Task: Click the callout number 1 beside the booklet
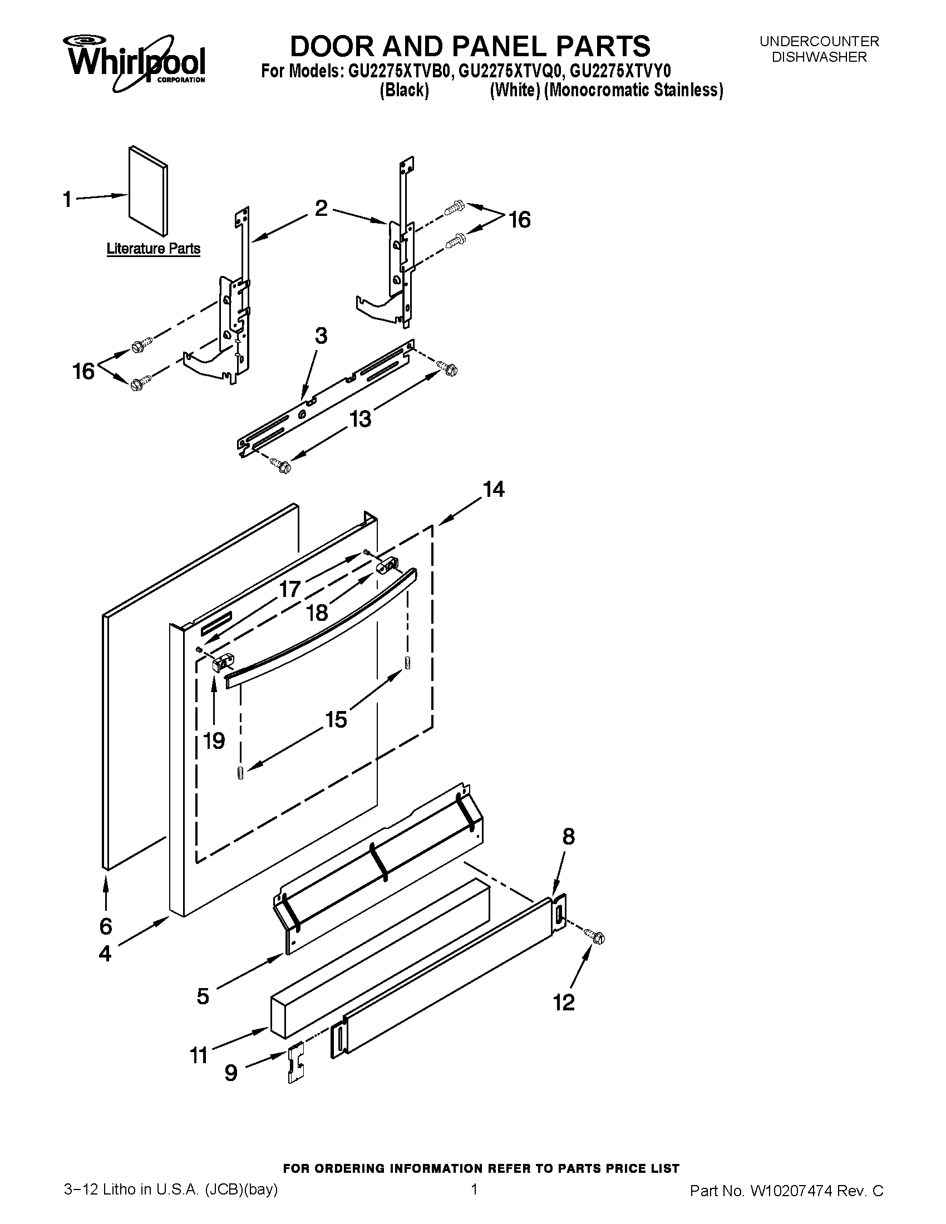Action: click(x=67, y=199)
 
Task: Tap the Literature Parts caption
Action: click(x=153, y=248)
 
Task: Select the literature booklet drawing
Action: click(x=147, y=190)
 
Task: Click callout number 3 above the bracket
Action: click(x=321, y=335)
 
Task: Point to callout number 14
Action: click(x=494, y=489)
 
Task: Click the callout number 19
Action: click(x=214, y=741)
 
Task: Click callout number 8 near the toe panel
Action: click(x=568, y=837)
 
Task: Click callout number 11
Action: click(x=199, y=1055)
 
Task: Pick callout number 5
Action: click(x=203, y=996)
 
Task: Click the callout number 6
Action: click(x=106, y=926)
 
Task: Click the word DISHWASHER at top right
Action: click(x=819, y=57)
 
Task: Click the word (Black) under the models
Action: click(x=404, y=90)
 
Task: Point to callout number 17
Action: click(x=290, y=589)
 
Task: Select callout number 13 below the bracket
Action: click(x=361, y=418)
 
